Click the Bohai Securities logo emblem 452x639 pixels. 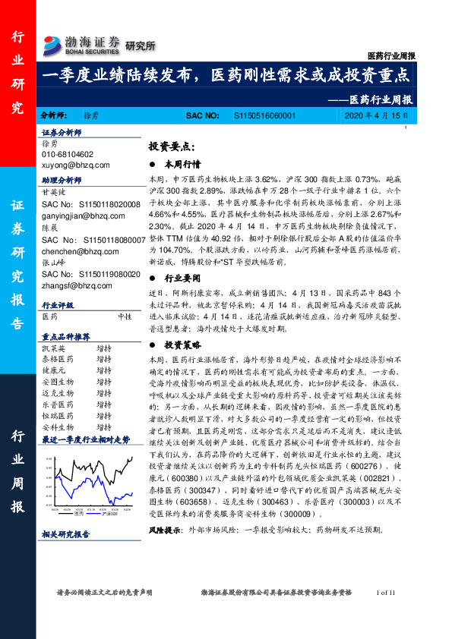tap(52, 42)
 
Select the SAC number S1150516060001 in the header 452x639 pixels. tap(265, 116)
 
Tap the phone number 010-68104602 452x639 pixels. tap(68, 153)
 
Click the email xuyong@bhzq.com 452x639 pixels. tap(76, 164)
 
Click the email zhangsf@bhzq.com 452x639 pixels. tap(77, 285)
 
